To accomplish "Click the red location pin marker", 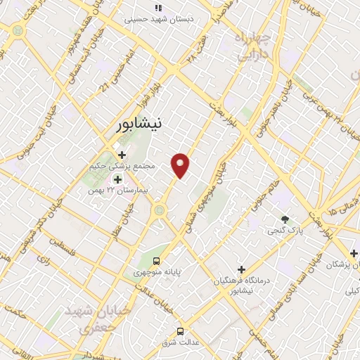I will pyautogui.click(x=181, y=165).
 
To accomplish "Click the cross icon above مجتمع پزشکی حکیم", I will pyautogui.click(x=122, y=155).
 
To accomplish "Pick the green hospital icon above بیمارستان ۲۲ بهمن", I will pyautogui.click(x=117, y=179).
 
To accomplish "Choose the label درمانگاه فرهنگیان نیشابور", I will pyautogui.click(x=241, y=285).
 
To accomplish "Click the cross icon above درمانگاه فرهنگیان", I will pyautogui.click(x=241, y=269).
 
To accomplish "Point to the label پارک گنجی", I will pyautogui.click(x=284, y=231).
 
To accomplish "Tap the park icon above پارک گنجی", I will pyautogui.click(x=285, y=219).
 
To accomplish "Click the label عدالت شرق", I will pyautogui.click(x=181, y=343).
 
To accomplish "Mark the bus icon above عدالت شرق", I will pyautogui.click(x=181, y=330).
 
